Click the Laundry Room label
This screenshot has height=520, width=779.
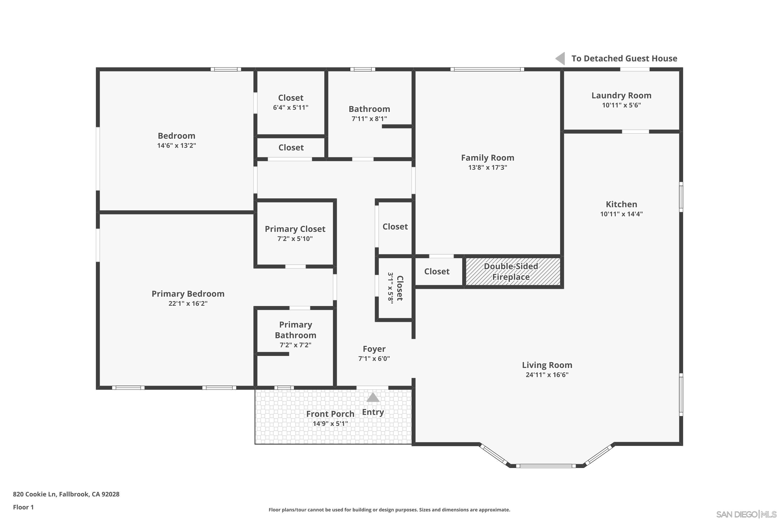click(621, 95)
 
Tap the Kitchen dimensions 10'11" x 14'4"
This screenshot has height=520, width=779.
click(621, 214)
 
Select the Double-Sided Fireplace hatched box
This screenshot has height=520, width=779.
click(513, 272)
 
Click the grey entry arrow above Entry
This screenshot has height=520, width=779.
click(373, 397)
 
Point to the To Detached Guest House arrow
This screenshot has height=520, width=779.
click(560, 59)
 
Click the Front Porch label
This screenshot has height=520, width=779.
click(330, 414)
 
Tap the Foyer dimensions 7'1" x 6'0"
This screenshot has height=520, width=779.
click(374, 359)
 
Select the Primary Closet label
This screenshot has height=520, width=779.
click(295, 229)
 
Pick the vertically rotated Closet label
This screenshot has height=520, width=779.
click(400, 288)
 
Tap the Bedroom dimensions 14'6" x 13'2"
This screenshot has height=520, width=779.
click(177, 146)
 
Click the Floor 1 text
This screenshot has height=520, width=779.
click(23, 507)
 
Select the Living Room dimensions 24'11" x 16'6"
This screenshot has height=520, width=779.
click(547, 375)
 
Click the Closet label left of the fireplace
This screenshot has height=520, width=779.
click(436, 272)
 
